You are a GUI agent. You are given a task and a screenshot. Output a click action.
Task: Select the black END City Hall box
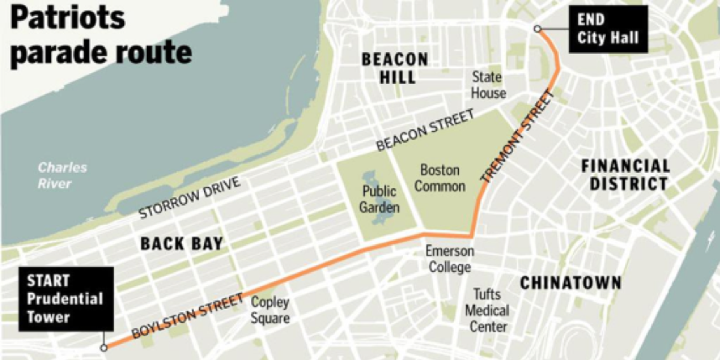pyautogui.click(x=608, y=29)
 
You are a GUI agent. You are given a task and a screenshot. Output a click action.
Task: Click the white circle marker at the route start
pyautogui.click(x=104, y=347)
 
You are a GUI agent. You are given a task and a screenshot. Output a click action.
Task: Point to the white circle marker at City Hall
pyautogui.click(x=538, y=29)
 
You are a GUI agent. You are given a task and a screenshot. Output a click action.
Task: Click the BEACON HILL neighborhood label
pyautogui.click(x=394, y=69)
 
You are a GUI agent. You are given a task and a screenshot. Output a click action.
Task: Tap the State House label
pyautogui.click(x=488, y=85)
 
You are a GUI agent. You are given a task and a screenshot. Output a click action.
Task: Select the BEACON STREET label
pyautogui.click(x=425, y=131)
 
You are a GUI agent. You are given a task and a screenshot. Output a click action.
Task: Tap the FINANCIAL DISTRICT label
pyautogui.click(x=625, y=175)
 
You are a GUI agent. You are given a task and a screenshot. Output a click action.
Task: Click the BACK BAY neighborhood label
pyautogui.click(x=181, y=244)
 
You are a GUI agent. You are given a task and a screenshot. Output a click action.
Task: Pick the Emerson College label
pyautogui.click(x=449, y=259)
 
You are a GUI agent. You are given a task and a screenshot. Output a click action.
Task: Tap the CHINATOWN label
pyautogui.click(x=570, y=283)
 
